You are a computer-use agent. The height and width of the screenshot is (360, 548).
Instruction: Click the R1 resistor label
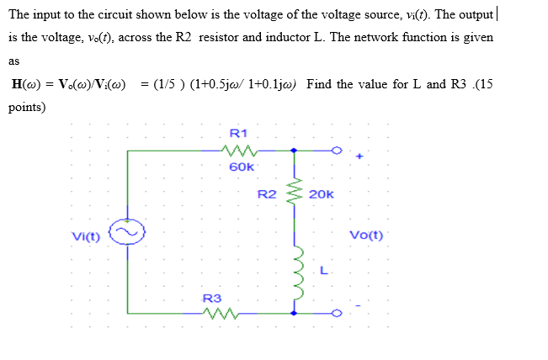click(x=238, y=133)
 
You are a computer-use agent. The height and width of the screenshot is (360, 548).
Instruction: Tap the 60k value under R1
click(x=241, y=167)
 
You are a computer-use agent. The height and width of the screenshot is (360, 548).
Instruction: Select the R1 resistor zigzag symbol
click(x=240, y=151)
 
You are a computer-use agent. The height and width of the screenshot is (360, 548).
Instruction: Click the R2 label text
click(x=267, y=194)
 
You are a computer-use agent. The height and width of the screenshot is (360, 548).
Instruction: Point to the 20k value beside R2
click(x=322, y=194)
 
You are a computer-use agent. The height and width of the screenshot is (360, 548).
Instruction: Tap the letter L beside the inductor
click(x=323, y=270)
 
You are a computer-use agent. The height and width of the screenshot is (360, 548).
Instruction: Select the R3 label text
click(x=213, y=298)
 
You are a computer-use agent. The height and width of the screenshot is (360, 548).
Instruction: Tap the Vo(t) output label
click(x=364, y=235)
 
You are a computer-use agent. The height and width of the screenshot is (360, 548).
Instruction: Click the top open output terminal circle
click(x=337, y=151)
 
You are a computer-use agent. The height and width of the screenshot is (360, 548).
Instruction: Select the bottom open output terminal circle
click(x=337, y=313)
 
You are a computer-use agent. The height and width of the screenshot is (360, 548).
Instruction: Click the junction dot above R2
click(x=294, y=151)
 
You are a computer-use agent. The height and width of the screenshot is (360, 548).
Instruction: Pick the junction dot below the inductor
click(x=294, y=313)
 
